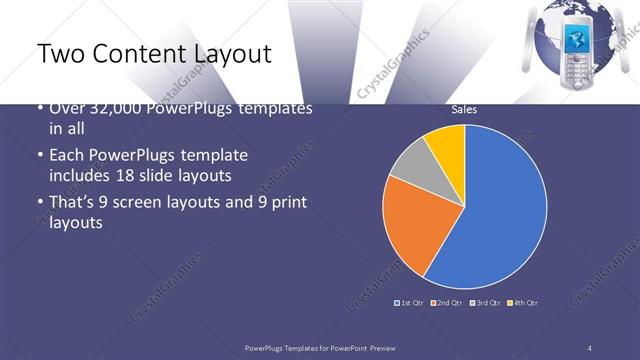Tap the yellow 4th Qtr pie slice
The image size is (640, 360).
[447, 146]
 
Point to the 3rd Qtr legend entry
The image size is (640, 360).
[486, 302]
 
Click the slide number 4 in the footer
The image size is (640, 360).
[590, 346]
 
